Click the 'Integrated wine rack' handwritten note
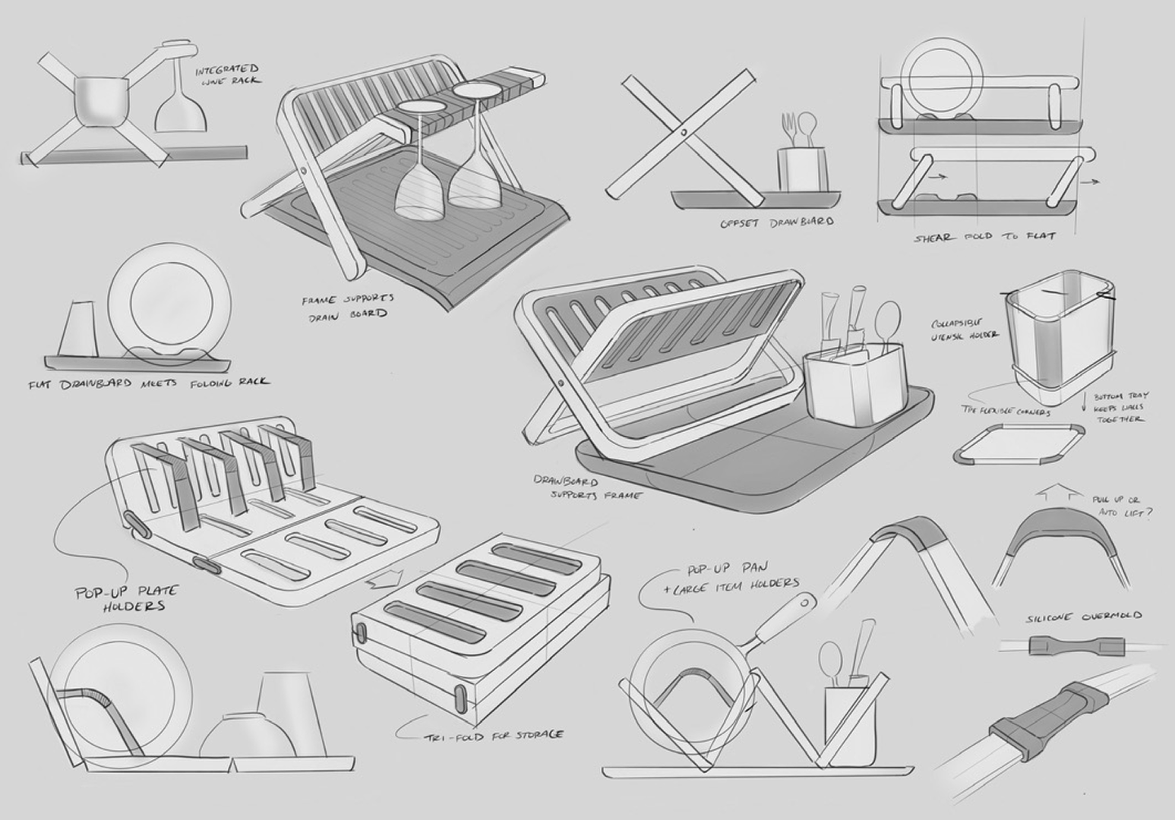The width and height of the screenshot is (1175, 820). [227, 74]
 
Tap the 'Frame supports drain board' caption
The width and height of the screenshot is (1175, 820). [347, 306]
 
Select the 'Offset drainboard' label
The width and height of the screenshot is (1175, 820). [776, 222]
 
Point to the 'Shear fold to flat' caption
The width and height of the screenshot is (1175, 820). [984, 237]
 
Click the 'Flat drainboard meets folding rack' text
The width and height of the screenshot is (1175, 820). [148, 382]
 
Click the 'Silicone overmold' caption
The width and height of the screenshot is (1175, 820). [1084, 617]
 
